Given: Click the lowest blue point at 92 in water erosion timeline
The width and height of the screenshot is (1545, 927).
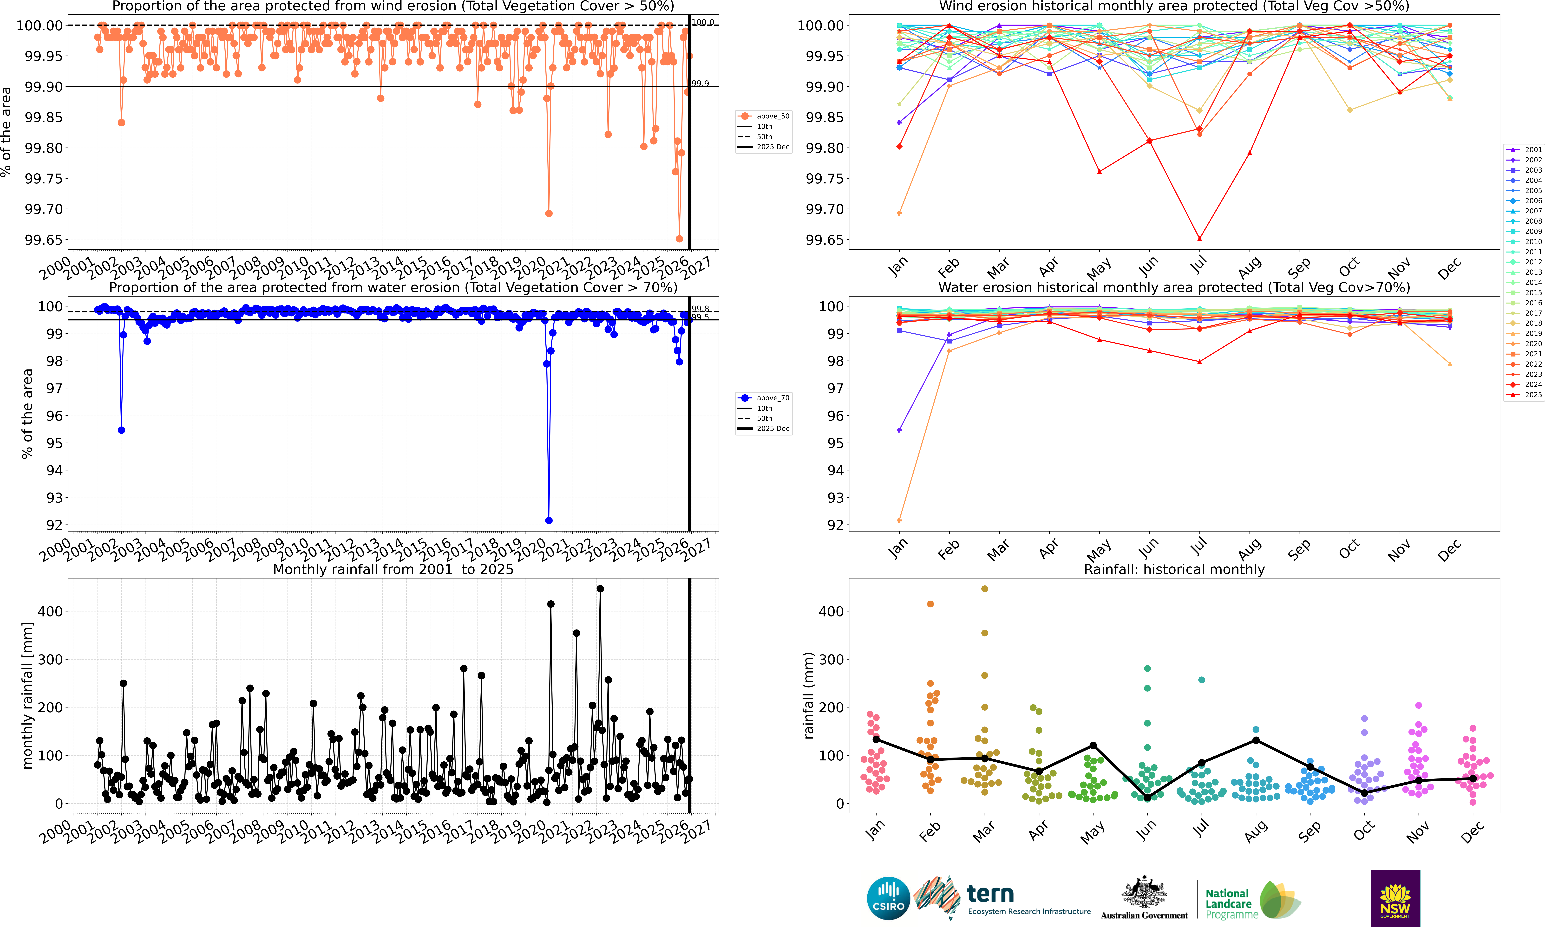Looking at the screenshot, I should (x=549, y=520).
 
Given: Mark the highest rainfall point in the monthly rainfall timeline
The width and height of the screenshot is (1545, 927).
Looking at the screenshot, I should (x=600, y=588).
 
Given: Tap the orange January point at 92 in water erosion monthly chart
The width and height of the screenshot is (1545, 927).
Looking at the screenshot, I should (x=899, y=520).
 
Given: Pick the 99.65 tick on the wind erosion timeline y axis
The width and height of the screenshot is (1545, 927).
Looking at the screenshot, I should (x=44, y=240).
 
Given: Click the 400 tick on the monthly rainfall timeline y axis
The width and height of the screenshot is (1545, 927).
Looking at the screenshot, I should (x=50, y=612).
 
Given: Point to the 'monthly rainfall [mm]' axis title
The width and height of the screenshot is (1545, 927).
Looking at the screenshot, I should (x=27, y=695).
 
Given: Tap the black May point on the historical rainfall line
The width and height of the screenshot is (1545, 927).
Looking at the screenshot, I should (x=1093, y=745).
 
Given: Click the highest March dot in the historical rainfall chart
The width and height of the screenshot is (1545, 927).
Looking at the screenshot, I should (x=985, y=588).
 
